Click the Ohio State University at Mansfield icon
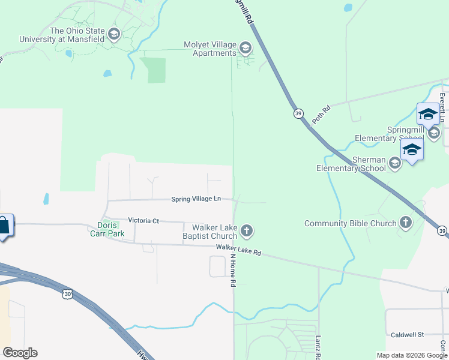pyautogui.click(x=113, y=31)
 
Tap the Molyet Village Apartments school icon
pyautogui.click(x=245, y=47)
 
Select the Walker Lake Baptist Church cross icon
pyautogui.click(x=246, y=230)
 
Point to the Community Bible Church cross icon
pyautogui.click(x=406, y=223)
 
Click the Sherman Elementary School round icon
pyautogui.click(x=394, y=163)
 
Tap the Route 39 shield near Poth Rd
pyautogui.click(x=298, y=113)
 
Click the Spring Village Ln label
pyautogui.click(x=196, y=199)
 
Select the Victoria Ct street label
pyautogui.click(x=139, y=221)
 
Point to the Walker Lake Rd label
pyautogui.click(x=239, y=250)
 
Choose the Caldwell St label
pyautogui.click(x=408, y=334)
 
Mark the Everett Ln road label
pyautogui.click(x=442, y=107)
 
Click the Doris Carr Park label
pyautogui.click(x=110, y=229)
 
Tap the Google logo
pyautogui.click(x=20, y=353)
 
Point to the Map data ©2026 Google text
pyautogui.click(x=411, y=355)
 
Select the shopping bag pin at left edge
pyautogui.click(x=4, y=226)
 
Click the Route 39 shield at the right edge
pyautogui.click(x=442, y=231)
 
